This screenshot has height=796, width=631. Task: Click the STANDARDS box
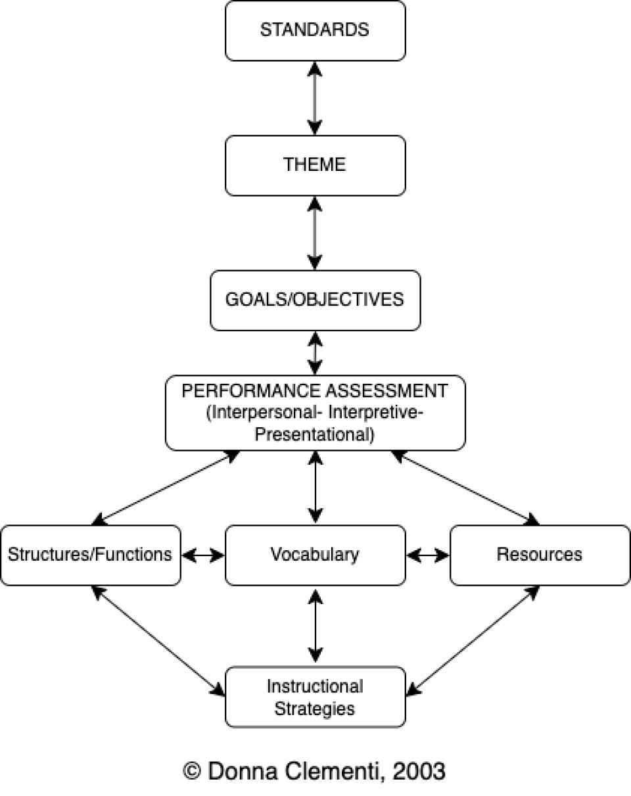(315, 31)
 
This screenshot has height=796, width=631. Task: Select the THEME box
(315, 165)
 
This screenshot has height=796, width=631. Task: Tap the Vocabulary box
(315, 555)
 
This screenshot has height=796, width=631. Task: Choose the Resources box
(540, 555)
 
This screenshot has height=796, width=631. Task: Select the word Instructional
(315, 687)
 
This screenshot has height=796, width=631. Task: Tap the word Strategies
(315, 709)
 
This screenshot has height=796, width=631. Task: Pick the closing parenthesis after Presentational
(372, 435)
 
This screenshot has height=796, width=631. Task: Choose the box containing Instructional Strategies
(315, 697)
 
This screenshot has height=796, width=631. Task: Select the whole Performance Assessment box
(315, 413)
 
